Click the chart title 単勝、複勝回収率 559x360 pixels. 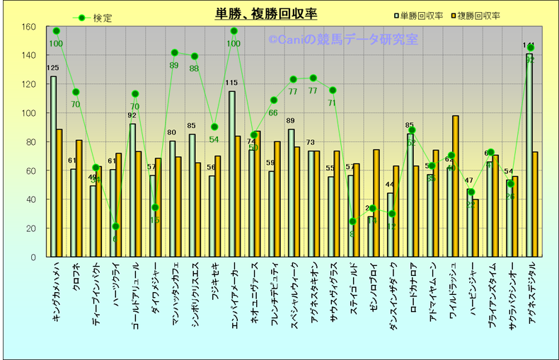[x=266, y=14]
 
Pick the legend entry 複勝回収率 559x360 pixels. [x=478, y=16]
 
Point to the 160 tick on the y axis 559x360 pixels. [x=28, y=27]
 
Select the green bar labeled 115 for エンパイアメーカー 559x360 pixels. [x=231, y=173]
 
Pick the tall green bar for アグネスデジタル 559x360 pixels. [x=529, y=156]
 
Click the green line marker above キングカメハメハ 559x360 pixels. [x=56, y=31]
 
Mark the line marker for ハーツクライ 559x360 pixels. [x=115, y=226]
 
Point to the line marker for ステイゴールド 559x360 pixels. [x=352, y=221]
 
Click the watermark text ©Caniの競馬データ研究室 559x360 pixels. [x=343, y=40]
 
